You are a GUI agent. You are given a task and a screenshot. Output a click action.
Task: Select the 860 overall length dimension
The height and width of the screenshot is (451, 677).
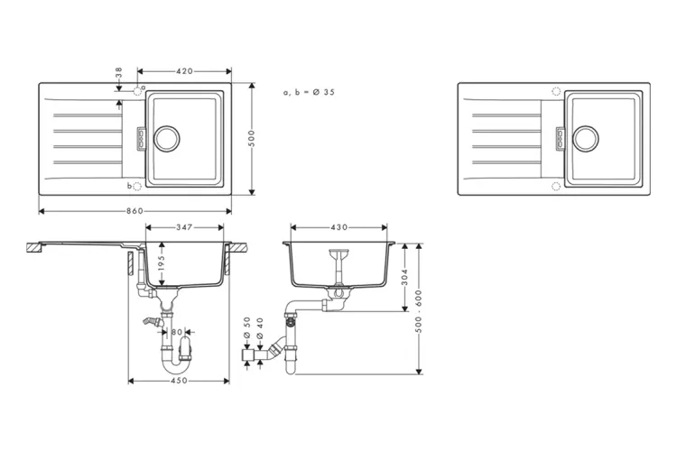(135, 210)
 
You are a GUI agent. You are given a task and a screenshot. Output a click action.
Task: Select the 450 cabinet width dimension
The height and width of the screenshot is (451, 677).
(178, 381)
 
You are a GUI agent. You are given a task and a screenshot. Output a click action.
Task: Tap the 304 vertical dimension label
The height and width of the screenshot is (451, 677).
(404, 276)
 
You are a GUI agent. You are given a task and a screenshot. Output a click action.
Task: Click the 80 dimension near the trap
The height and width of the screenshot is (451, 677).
(177, 332)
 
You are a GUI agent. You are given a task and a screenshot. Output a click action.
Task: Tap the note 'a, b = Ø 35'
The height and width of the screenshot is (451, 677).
(309, 93)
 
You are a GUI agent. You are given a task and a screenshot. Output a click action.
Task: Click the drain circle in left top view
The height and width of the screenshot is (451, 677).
(167, 138)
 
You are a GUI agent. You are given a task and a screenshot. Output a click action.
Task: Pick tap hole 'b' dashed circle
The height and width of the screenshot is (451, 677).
(138, 186)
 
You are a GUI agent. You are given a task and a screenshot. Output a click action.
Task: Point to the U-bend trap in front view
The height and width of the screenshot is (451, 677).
(179, 361)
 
